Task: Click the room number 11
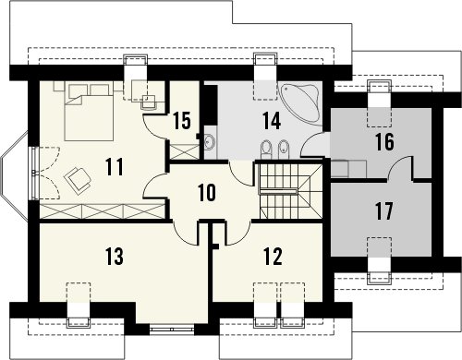click(x=115, y=166)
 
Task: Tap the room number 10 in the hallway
click(x=207, y=193)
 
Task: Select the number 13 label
click(x=115, y=257)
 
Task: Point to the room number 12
click(x=273, y=257)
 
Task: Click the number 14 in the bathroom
click(x=272, y=121)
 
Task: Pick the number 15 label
click(x=182, y=121)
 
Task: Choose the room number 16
click(x=385, y=142)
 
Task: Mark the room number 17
click(x=384, y=211)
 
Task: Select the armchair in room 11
click(x=78, y=181)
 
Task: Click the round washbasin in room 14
click(x=211, y=142)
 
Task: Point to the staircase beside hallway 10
click(x=291, y=191)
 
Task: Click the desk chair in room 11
click(x=149, y=102)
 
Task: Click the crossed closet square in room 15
click(x=185, y=151)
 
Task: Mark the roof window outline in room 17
click(x=380, y=247)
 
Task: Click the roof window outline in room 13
click(x=79, y=293)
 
